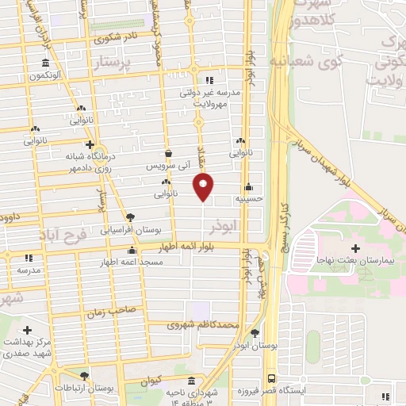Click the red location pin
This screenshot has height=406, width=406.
pos(204,188)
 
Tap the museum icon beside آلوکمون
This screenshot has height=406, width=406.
pos(44,63)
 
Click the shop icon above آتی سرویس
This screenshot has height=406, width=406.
pos(168,154)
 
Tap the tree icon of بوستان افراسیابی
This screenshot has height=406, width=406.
pos(131,216)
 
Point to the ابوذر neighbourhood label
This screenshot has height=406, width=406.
pos(224,226)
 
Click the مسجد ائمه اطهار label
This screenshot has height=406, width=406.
pos(132,262)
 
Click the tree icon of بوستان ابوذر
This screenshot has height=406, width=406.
pos(255,333)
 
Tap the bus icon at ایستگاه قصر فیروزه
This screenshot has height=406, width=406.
pos(271,379)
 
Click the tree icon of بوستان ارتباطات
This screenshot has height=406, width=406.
pos(85,376)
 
